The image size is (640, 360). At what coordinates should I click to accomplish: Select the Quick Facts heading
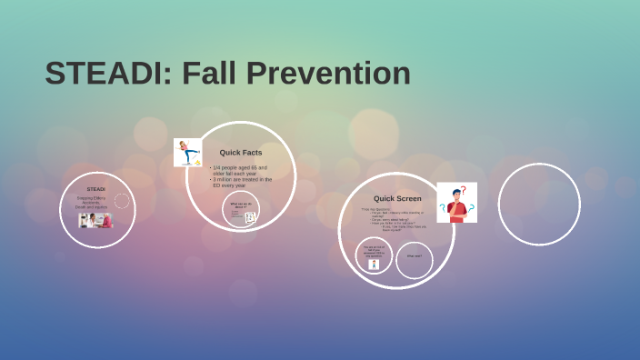pyautogui.click(x=240, y=153)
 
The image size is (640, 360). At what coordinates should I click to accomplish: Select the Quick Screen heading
pyautogui.click(x=397, y=198)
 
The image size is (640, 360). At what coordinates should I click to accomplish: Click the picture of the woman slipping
pyautogui.click(x=187, y=152)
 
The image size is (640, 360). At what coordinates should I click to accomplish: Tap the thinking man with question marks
pyautogui.click(x=456, y=203)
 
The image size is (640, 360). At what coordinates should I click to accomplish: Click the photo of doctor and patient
pyautogui.click(x=95, y=220)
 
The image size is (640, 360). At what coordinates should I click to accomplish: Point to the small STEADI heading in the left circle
pyautogui.click(x=95, y=189)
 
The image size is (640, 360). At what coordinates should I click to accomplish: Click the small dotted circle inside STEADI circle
pyautogui.click(x=122, y=200)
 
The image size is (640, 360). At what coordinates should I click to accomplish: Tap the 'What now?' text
pyautogui.click(x=414, y=256)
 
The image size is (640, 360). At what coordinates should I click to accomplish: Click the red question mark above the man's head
pyautogui.click(x=463, y=190)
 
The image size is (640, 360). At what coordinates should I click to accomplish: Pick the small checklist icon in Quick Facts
pyautogui.click(x=250, y=217)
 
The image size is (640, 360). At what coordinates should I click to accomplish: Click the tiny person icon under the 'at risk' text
pyautogui.click(x=374, y=264)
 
